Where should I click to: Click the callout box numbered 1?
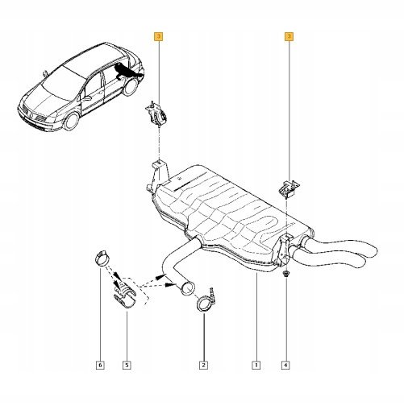(x=256, y=365)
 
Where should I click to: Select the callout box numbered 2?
(x=203, y=365)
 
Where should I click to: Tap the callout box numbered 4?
(x=285, y=365)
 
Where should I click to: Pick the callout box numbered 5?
(x=127, y=365)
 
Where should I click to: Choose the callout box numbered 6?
(x=100, y=365)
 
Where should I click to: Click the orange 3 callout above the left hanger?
(x=158, y=36)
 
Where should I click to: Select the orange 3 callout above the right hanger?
(x=289, y=36)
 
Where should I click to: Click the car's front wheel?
(x=72, y=122)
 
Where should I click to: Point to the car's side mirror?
(x=86, y=98)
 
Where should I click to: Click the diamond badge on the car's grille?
(x=31, y=117)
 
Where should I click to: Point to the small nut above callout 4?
(x=286, y=274)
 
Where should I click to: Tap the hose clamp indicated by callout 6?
(x=103, y=258)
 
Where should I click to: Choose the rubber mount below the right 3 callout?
(x=289, y=189)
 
